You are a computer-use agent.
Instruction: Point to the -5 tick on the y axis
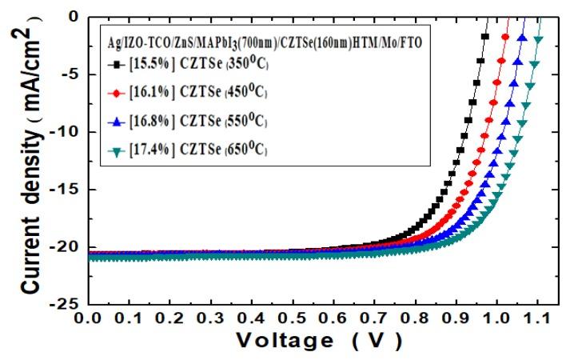point(68,74)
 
